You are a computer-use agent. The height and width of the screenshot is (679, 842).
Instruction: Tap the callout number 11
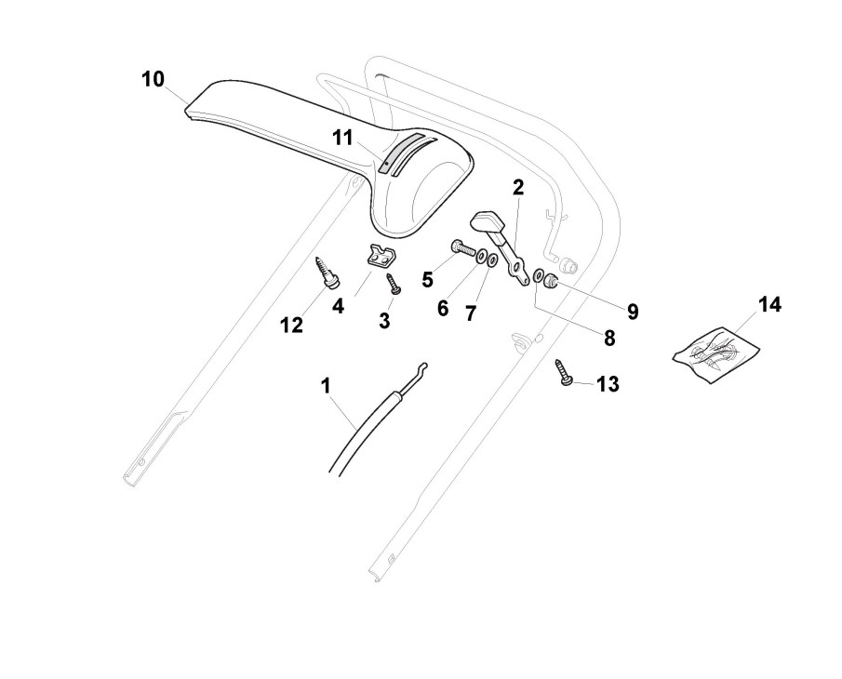pyautogui.click(x=342, y=138)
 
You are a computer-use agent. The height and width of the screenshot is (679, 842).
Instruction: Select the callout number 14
pyautogui.click(x=769, y=305)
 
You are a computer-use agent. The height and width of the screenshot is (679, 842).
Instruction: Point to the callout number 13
pyautogui.click(x=607, y=383)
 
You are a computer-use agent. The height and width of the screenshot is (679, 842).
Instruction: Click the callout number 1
pyautogui.click(x=326, y=385)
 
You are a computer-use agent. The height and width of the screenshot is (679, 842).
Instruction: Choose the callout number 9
pyautogui.click(x=632, y=312)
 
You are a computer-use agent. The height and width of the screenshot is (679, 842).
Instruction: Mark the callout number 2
pyautogui.click(x=517, y=187)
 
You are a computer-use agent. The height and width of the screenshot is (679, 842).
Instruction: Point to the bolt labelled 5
pyautogui.click(x=461, y=249)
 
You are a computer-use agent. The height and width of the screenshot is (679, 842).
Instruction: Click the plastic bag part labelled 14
pyautogui.click(x=717, y=351)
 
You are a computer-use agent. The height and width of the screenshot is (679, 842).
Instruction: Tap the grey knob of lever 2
pyautogui.click(x=488, y=223)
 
